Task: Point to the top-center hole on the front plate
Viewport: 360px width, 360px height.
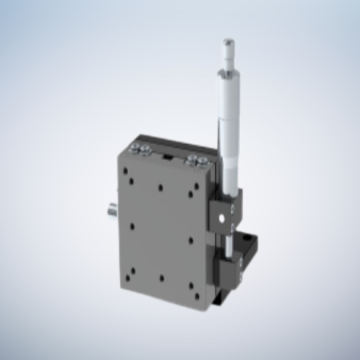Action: coord(161,187)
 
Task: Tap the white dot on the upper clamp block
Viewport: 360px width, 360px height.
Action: coord(232,210)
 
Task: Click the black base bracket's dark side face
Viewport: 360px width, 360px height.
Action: coord(248,276)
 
